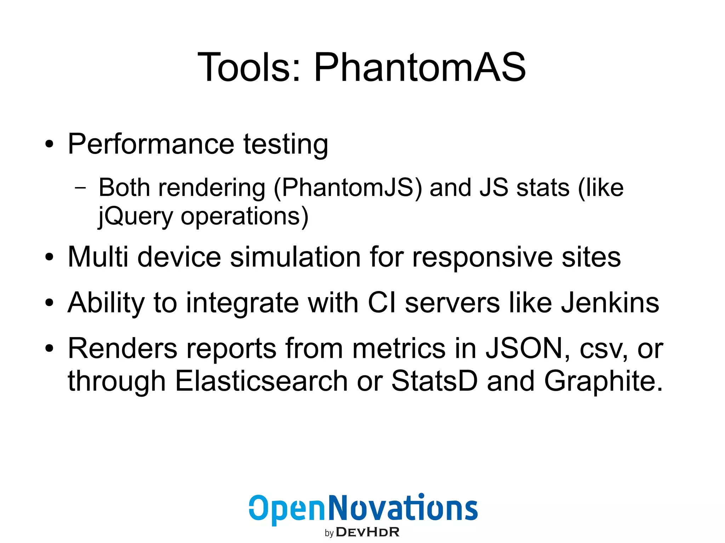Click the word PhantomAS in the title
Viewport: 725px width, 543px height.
click(x=419, y=67)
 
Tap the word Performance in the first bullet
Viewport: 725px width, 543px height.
click(x=151, y=144)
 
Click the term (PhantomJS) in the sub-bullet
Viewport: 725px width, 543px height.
click(x=348, y=188)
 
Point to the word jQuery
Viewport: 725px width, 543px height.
click(x=135, y=216)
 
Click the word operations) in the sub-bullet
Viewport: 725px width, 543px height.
click(x=245, y=216)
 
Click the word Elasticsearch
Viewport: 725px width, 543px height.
click(x=261, y=381)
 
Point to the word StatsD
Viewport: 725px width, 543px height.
click(x=434, y=381)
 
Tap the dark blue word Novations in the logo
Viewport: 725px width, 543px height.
click(x=403, y=508)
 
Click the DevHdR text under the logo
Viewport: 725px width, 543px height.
click(x=367, y=532)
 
